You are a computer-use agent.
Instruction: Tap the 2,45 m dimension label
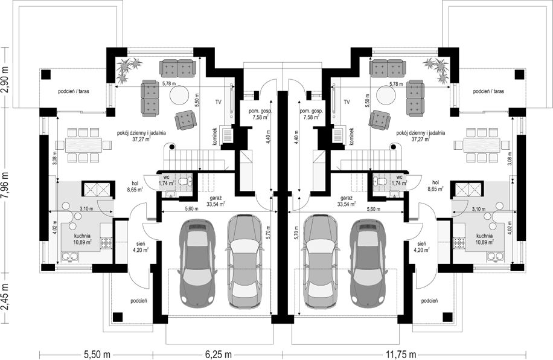[5, 298]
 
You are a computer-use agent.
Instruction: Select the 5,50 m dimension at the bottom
[96, 354]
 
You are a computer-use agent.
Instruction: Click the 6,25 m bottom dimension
[217, 354]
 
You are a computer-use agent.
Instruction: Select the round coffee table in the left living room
[180, 95]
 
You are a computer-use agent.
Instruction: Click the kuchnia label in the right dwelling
[484, 236]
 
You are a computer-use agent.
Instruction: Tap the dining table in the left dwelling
[83, 145]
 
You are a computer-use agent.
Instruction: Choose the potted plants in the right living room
[437, 69]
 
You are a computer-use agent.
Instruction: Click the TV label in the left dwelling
[219, 102]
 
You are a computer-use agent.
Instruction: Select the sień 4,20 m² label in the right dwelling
[423, 246]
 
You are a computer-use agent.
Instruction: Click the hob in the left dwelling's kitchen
[106, 242]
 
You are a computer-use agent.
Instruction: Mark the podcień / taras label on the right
[488, 91]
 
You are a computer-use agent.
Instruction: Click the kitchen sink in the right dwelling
[494, 256]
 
